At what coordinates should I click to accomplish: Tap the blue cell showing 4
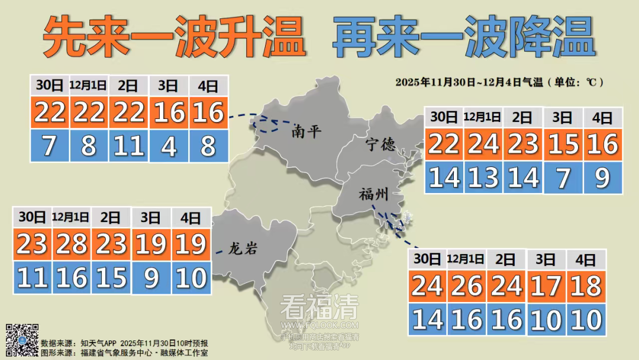(169, 146)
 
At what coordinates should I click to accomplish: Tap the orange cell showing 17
(546, 287)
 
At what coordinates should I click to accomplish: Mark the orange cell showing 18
(586, 287)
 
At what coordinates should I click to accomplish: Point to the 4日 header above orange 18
(586, 259)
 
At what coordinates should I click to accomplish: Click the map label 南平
(306, 131)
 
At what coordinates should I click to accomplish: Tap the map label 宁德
(380, 144)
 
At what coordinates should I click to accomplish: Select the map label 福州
(374, 195)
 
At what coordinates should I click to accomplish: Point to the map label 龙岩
(243, 249)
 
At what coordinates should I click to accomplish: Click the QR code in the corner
(22, 339)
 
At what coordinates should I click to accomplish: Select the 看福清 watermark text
(319, 307)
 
